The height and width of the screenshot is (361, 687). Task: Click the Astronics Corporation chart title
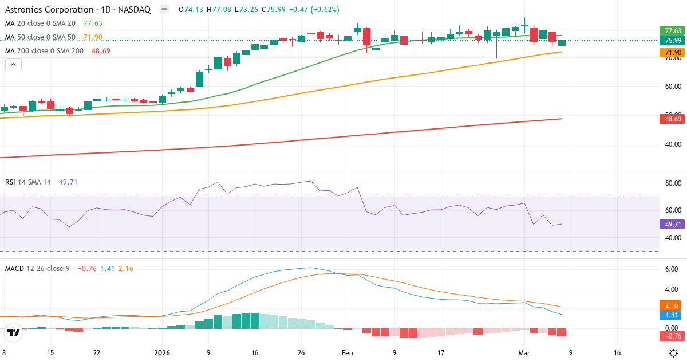(x=77, y=10)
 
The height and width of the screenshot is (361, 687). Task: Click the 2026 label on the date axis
(x=161, y=353)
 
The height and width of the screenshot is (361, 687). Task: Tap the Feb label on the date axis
(x=347, y=353)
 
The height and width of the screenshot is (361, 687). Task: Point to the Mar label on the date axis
(x=525, y=353)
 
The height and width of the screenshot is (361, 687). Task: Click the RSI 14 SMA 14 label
(x=28, y=182)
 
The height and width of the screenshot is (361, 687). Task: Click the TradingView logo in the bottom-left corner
(x=13, y=332)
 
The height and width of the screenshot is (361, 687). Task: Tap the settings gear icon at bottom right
(x=674, y=353)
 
